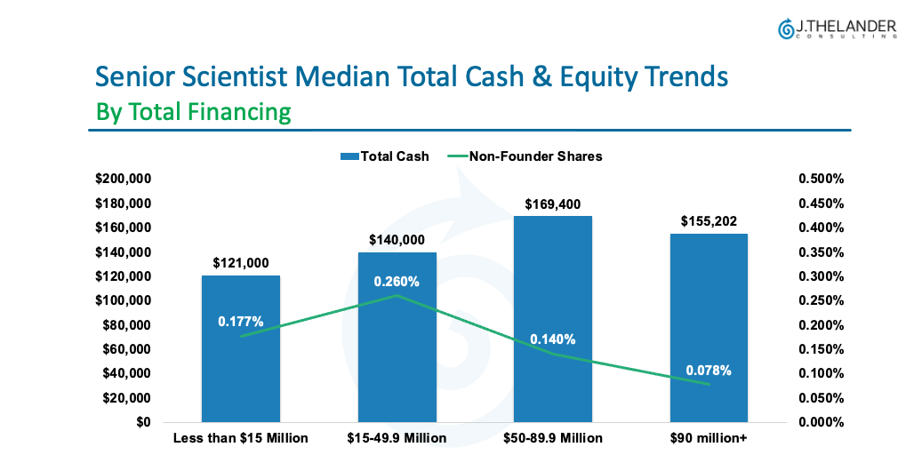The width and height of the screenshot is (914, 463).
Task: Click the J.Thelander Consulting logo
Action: click(837, 28)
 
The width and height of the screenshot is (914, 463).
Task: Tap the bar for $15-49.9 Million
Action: click(397, 373)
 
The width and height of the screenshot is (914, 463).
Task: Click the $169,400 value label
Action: click(553, 204)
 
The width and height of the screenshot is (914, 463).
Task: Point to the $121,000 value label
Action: click(241, 263)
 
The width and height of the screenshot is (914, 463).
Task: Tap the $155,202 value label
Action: click(709, 221)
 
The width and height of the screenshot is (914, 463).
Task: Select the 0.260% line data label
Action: click(397, 282)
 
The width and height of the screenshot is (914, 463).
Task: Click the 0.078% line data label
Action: click(709, 371)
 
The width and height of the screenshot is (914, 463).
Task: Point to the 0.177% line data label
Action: click(241, 321)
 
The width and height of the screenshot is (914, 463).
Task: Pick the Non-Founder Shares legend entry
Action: click(525, 156)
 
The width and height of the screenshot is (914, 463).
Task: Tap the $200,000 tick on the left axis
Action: click(124, 180)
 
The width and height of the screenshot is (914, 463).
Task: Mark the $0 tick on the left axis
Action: click(142, 422)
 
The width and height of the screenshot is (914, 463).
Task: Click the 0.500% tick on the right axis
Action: click(821, 180)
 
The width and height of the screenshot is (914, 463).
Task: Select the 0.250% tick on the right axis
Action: click(821, 301)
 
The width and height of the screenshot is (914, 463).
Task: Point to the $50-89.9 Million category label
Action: click(553, 438)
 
